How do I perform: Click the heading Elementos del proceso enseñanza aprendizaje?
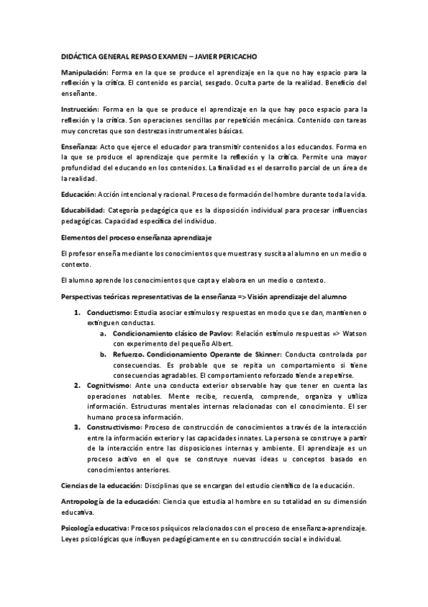tap(136, 237)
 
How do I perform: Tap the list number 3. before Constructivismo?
tap(77, 427)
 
